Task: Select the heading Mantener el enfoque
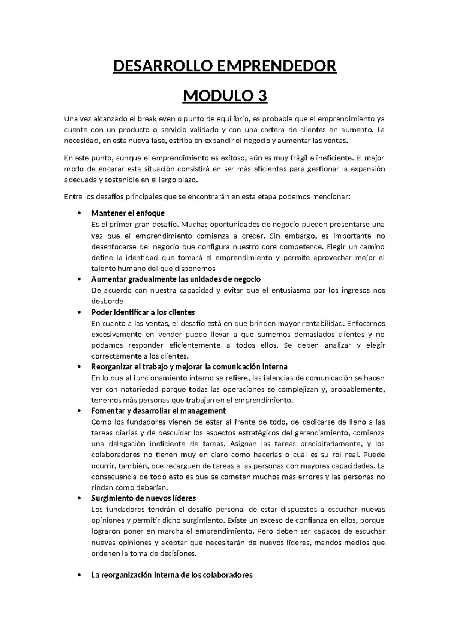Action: (128, 213)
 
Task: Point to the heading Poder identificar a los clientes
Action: (143, 312)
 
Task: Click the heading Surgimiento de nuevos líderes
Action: (144, 498)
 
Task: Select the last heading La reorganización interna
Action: (172, 575)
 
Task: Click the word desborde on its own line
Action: (107, 301)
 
